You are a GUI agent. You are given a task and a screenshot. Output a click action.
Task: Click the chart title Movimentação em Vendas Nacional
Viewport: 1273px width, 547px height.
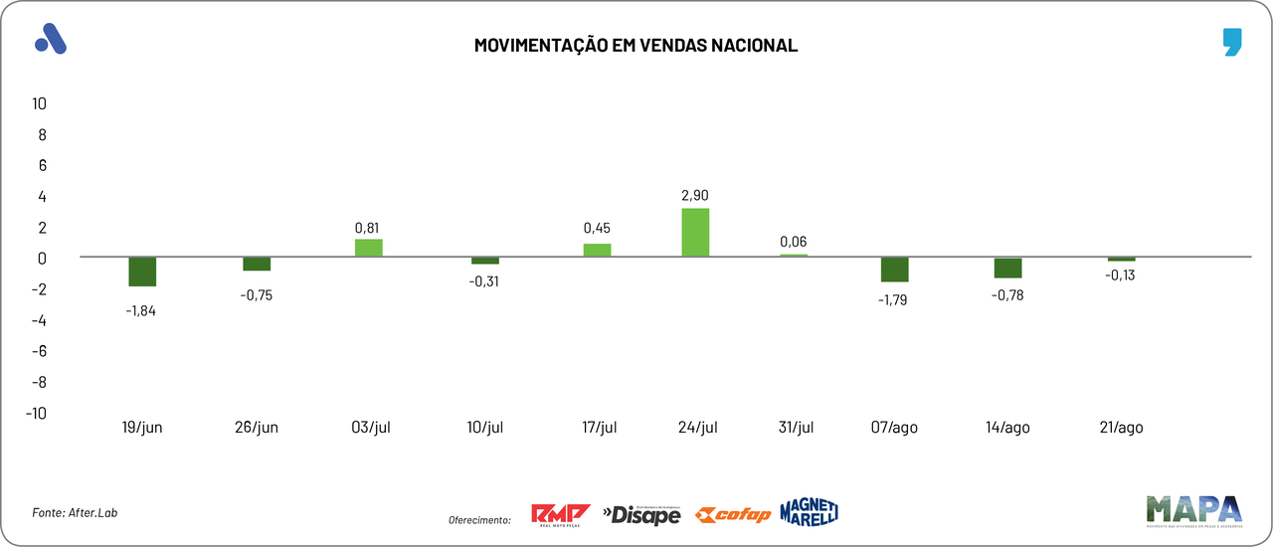(x=636, y=46)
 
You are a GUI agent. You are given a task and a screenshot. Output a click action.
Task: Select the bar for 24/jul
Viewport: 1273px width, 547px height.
(x=695, y=233)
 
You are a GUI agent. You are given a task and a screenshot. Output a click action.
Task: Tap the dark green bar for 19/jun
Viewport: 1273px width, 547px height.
(x=142, y=272)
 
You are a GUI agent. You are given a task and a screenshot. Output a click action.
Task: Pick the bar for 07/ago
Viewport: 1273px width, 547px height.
(x=894, y=270)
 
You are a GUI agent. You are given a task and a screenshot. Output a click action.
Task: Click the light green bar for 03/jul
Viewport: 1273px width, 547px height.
(x=369, y=248)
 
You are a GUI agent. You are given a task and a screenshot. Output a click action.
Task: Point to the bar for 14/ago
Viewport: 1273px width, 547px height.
(x=1007, y=268)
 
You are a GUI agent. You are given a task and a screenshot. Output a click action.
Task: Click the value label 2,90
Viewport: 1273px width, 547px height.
(x=695, y=196)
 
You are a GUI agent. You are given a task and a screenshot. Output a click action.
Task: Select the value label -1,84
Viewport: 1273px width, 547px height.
(x=141, y=310)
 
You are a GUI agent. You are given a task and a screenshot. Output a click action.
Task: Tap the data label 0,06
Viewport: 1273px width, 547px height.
(x=794, y=241)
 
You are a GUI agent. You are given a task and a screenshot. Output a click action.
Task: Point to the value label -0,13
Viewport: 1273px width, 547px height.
(x=1120, y=275)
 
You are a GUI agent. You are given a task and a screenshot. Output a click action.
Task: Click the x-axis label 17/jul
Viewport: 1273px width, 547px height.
(x=600, y=428)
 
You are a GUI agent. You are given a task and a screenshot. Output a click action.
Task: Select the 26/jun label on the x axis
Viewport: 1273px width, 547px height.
(x=257, y=428)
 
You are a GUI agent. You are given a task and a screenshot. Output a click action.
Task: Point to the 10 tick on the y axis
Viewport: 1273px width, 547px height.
(x=40, y=103)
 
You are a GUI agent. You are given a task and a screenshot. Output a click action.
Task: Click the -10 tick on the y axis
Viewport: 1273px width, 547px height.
(x=37, y=413)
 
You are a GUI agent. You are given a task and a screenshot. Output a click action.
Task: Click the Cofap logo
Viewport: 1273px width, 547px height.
(x=733, y=514)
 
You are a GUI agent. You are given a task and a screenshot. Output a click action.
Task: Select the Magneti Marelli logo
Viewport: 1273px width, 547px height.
(x=809, y=511)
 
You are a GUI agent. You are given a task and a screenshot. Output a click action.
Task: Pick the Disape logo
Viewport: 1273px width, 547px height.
(x=641, y=514)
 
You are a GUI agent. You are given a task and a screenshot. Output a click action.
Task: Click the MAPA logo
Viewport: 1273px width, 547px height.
(x=1193, y=511)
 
